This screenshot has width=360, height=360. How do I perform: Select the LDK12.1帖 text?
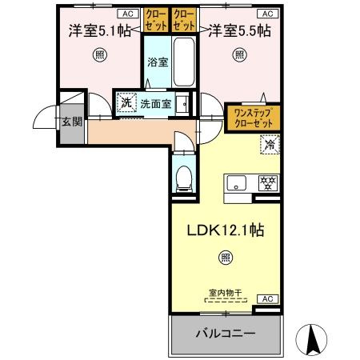pyautogui.click(x=226, y=229)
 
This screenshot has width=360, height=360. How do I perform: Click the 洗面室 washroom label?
pyautogui.click(x=156, y=103)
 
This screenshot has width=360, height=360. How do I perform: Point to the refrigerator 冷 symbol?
pyautogui.click(x=270, y=146)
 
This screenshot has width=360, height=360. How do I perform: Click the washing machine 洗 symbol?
pyautogui.click(x=125, y=102)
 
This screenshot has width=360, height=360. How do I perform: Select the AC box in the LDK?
pyautogui.click(x=269, y=299)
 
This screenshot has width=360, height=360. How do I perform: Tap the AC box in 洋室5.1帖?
pyautogui.click(x=126, y=14)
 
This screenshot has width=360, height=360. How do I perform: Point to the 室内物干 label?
pyautogui.click(x=226, y=294)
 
